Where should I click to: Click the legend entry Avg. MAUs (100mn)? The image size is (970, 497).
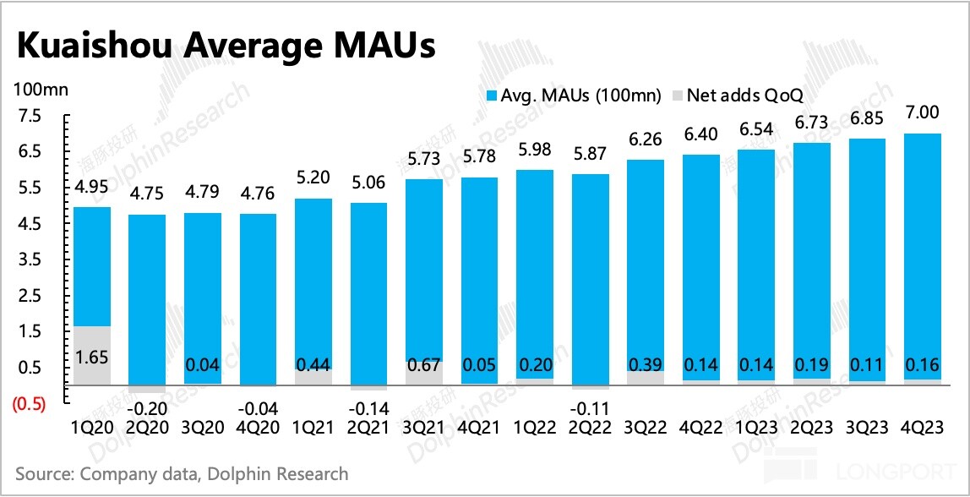(573, 96)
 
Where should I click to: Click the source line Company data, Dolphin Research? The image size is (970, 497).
(182, 473)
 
